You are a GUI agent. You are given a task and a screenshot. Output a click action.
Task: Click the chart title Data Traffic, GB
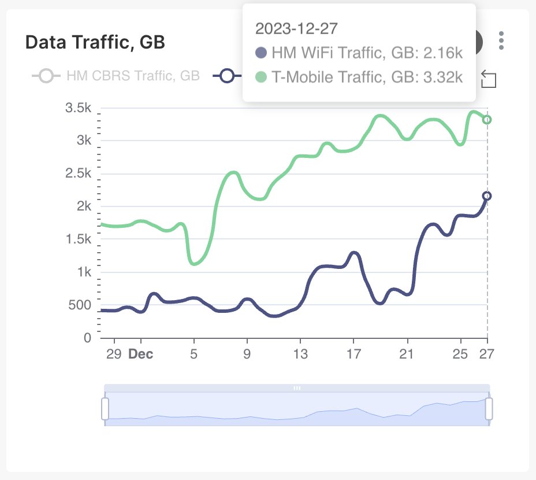click(x=95, y=42)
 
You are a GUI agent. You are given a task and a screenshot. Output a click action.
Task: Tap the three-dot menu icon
click(x=501, y=40)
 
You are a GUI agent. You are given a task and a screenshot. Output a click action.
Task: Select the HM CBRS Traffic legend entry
click(x=116, y=76)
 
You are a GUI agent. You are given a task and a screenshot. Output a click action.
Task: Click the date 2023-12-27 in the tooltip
click(x=296, y=28)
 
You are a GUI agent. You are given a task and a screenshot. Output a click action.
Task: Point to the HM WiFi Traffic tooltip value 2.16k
click(x=443, y=53)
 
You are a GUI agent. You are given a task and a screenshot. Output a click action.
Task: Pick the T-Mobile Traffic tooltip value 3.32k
click(x=443, y=77)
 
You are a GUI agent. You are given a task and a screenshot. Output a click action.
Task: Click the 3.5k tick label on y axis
click(x=79, y=108)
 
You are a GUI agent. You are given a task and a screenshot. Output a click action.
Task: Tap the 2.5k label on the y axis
click(x=79, y=173)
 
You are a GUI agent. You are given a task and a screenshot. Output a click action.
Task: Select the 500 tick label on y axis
click(x=80, y=305)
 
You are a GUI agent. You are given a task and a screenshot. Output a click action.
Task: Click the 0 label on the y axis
click(x=88, y=338)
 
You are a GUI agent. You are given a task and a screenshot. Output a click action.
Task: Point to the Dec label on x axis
click(x=140, y=354)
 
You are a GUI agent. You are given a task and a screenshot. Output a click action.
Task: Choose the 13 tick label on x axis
click(x=300, y=354)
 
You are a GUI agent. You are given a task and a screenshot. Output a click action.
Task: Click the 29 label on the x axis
click(x=114, y=354)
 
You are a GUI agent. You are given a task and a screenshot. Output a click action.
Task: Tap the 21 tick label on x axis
click(x=407, y=354)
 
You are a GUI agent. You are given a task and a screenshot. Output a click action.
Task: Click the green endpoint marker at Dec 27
click(x=487, y=120)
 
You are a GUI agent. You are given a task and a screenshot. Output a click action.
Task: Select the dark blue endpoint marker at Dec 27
click(x=487, y=196)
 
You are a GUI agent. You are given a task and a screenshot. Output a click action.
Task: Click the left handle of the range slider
click(x=105, y=408)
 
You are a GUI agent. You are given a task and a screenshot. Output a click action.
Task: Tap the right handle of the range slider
click(x=489, y=408)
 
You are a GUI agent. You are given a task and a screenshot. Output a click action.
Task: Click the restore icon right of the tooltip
click(x=489, y=79)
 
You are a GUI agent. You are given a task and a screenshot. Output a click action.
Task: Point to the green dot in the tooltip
click(x=261, y=77)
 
